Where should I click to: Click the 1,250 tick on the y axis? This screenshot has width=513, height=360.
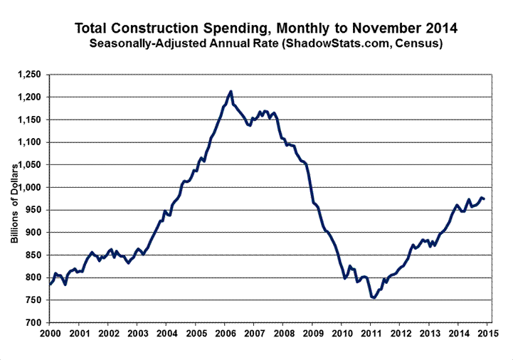click(32, 74)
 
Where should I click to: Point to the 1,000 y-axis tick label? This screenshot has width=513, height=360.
click(32, 187)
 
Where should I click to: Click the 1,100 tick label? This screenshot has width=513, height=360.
click(32, 142)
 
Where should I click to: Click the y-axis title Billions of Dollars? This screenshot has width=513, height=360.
click(14, 198)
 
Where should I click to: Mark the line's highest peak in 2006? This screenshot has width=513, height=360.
click(231, 91)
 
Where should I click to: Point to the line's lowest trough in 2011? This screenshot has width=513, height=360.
click(373, 298)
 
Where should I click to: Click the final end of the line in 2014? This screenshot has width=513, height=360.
click(485, 199)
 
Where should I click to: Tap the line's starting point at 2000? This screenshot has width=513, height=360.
click(50, 284)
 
